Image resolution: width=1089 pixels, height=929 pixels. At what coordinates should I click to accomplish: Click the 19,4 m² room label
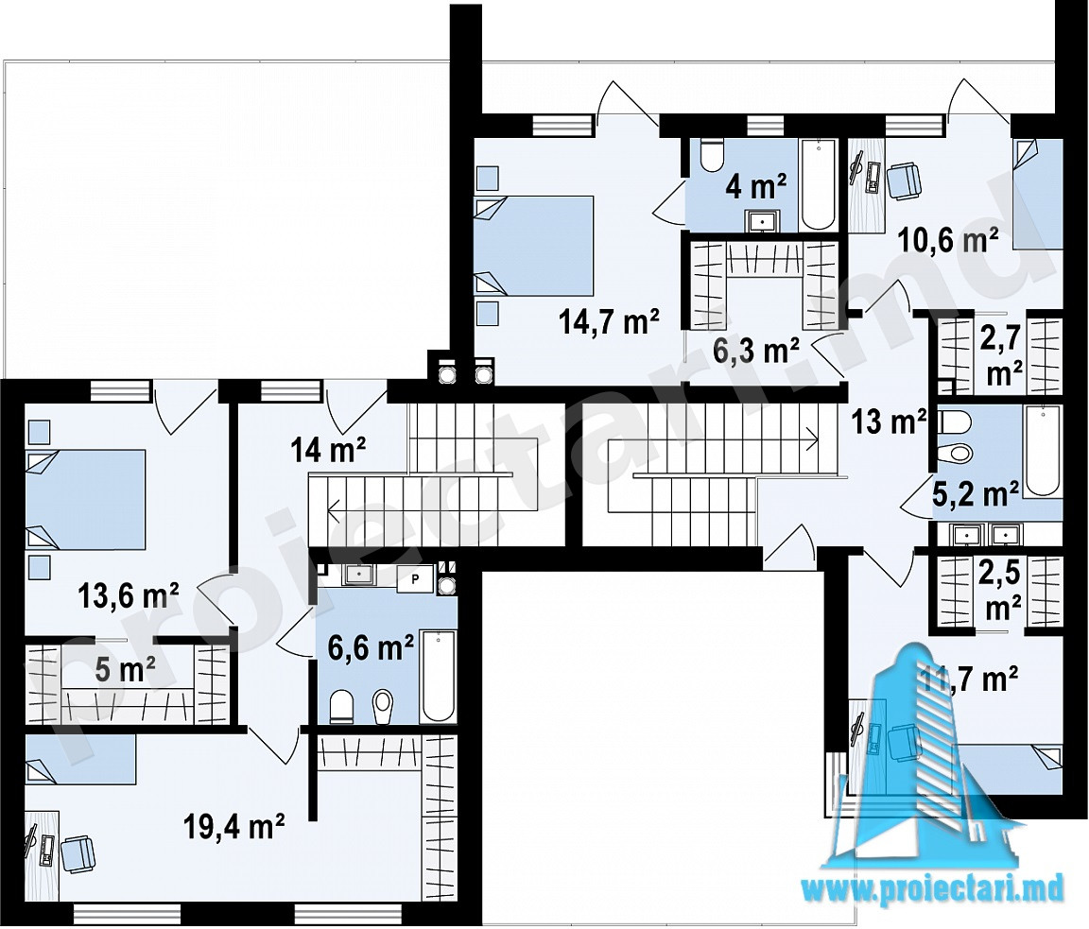click(x=234, y=826)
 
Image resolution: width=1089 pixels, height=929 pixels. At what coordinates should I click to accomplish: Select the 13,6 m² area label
click(x=130, y=595)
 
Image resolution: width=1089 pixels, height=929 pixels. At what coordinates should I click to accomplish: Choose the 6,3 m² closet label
click(x=756, y=350)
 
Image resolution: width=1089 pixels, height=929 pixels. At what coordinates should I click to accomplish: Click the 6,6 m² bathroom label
click(x=372, y=647)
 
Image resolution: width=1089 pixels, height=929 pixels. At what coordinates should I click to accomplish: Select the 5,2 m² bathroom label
click(x=976, y=494)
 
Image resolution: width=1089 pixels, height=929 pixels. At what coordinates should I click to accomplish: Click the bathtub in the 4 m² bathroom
click(x=818, y=185)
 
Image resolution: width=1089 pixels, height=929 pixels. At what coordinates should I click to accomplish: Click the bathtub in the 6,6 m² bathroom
click(x=439, y=676)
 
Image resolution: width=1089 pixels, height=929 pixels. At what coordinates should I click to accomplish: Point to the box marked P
click(x=415, y=577)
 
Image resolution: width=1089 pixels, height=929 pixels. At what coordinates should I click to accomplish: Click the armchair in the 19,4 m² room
click(x=78, y=854)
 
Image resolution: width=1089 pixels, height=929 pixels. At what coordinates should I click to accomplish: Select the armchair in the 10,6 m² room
click(x=904, y=180)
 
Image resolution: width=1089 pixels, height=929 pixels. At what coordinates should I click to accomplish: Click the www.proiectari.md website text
click(x=933, y=888)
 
